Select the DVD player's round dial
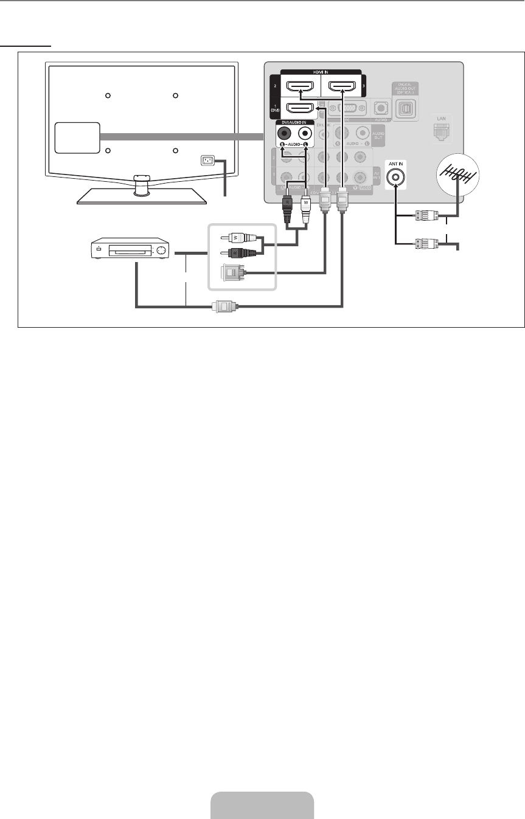pyautogui.click(x=161, y=250)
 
